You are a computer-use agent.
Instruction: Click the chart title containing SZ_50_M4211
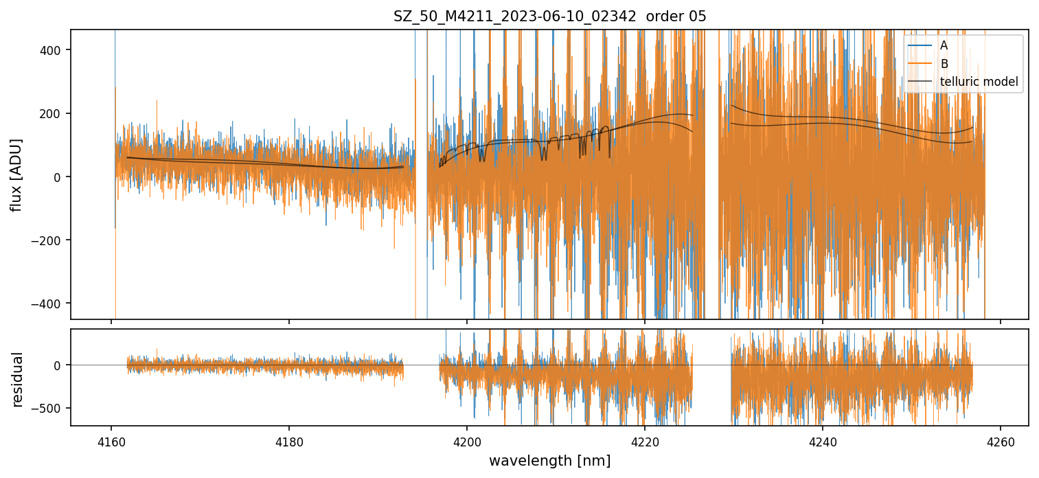tap(549, 16)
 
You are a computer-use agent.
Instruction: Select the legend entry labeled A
tap(944, 45)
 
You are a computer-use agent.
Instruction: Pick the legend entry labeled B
tap(944, 64)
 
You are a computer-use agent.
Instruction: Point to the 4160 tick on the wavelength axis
tap(111, 440)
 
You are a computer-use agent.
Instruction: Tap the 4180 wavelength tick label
tap(289, 440)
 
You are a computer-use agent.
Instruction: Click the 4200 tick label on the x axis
tap(467, 440)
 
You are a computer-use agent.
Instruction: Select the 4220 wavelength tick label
tap(645, 440)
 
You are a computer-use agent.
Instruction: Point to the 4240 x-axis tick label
tap(823, 440)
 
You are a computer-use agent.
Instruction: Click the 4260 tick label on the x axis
tap(1000, 440)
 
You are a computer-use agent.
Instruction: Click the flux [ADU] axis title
tap(16, 174)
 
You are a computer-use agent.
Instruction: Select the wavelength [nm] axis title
tap(549, 461)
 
